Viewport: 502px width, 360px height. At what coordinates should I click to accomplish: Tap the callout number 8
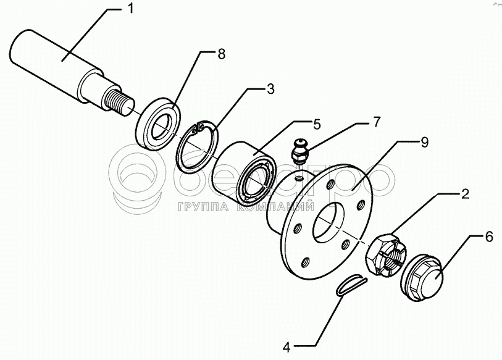coord(221,54)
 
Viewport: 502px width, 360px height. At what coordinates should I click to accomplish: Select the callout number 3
coord(270,89)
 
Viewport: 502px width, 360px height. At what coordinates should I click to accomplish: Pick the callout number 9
coord(425,143)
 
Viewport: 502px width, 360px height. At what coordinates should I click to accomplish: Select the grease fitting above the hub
coord(299,151)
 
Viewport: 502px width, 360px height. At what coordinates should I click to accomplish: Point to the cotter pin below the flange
coord(352,285)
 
